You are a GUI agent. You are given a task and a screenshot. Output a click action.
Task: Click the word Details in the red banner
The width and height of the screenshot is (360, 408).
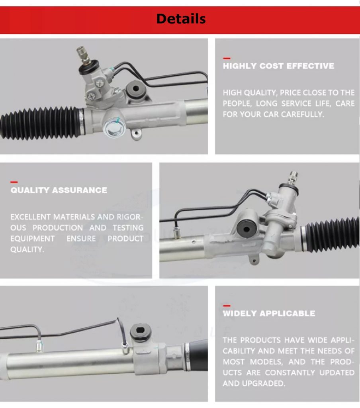(x=181, y=19)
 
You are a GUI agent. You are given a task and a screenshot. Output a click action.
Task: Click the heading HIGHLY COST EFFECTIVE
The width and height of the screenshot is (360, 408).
(x=278, y=66)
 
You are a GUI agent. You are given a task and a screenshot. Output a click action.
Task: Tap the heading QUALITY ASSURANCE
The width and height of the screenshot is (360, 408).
(x=59, y=190)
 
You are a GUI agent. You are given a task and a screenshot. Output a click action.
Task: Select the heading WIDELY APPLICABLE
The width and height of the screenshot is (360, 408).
(x=269, y=313)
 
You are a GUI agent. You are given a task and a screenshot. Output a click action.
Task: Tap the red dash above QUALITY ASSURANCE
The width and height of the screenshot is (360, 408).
(x=14, y=182)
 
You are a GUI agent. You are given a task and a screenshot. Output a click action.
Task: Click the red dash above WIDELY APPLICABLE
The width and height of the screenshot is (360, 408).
(x=227, y=306)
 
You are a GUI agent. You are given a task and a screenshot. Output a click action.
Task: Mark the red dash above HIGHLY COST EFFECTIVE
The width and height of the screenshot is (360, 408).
(x=227, y=58)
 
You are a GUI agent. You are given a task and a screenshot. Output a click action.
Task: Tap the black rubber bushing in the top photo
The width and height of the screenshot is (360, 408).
(x=135, y=89)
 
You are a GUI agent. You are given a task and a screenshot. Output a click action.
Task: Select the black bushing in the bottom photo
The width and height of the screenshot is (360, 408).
(x=141, y=331)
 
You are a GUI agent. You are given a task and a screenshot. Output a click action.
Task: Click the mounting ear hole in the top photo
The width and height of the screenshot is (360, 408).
(x=136, y=133)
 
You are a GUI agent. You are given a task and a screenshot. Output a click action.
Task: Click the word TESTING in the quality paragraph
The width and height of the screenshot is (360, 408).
(x=128, y=228)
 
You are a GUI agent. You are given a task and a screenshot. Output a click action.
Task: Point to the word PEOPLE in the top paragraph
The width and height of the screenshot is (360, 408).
(x=237, y=104)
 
